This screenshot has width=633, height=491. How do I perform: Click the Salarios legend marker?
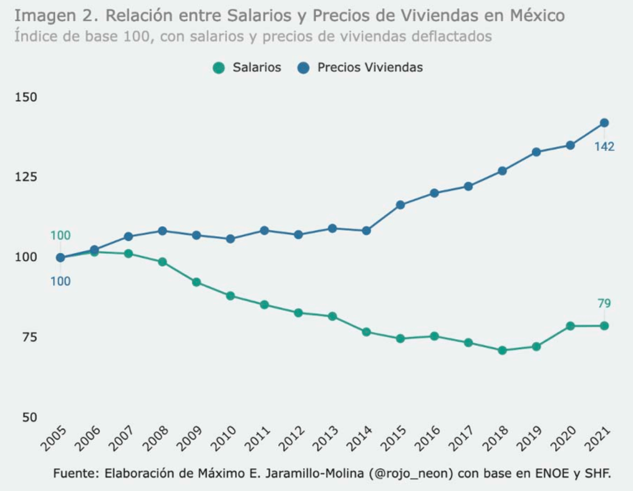[x=218, y=68]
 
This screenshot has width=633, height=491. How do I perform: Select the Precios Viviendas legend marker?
[x=303, y=68]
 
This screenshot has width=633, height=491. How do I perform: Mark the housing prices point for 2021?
[x=604, y=123]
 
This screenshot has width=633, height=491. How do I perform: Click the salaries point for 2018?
[x=502, y=350]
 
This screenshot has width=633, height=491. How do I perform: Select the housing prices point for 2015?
[x=400, y=204]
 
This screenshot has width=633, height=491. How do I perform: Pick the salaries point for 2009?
[x=197, y=282]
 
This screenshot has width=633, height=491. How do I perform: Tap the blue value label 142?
[x=604, y=147]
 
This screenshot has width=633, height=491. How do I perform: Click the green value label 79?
[x=604, y=303]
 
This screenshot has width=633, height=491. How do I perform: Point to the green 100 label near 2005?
[x=60, y=235]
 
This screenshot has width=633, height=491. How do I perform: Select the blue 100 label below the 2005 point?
[x=60, y=282]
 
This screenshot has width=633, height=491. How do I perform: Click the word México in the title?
[x=535, y=15]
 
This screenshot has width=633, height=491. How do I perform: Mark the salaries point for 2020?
[x=570, y=326]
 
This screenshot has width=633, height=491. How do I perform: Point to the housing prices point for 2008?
[x=163, y=231]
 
